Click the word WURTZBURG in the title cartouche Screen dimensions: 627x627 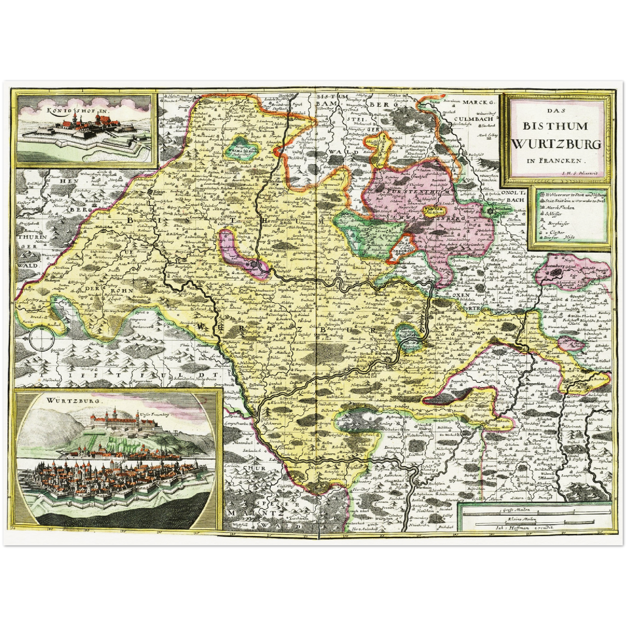[557, 144]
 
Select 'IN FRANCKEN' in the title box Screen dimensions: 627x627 [554, 160]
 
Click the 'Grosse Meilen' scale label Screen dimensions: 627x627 [512, 510]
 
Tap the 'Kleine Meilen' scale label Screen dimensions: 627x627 [512, 519]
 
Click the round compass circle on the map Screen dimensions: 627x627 [39, 339]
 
